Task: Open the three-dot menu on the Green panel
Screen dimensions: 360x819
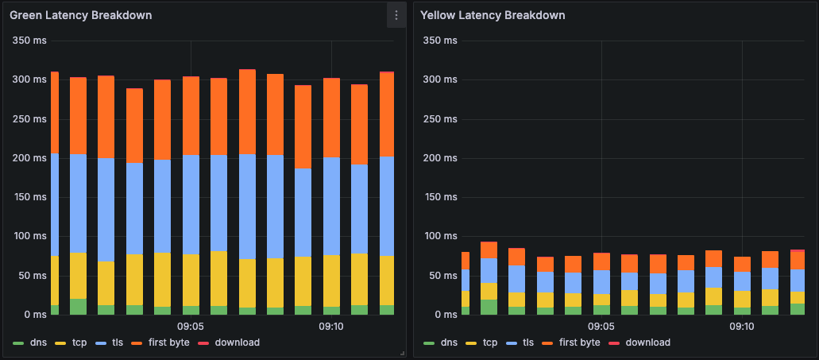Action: [396, 15]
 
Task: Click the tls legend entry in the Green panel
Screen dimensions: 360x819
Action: [115, 343]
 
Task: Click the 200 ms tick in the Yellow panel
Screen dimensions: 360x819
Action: [440, 157]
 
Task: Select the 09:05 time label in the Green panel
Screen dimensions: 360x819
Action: [191, 327]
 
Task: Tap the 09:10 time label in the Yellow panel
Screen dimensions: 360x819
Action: [742, 327]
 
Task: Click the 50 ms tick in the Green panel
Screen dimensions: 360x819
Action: [32, 275]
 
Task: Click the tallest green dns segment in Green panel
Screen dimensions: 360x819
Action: [78, 307]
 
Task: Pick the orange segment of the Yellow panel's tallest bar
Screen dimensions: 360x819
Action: [489, 250]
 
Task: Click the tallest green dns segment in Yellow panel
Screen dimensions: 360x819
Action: [489, 308]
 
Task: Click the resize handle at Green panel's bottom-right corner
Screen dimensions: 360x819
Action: [404, 353]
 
